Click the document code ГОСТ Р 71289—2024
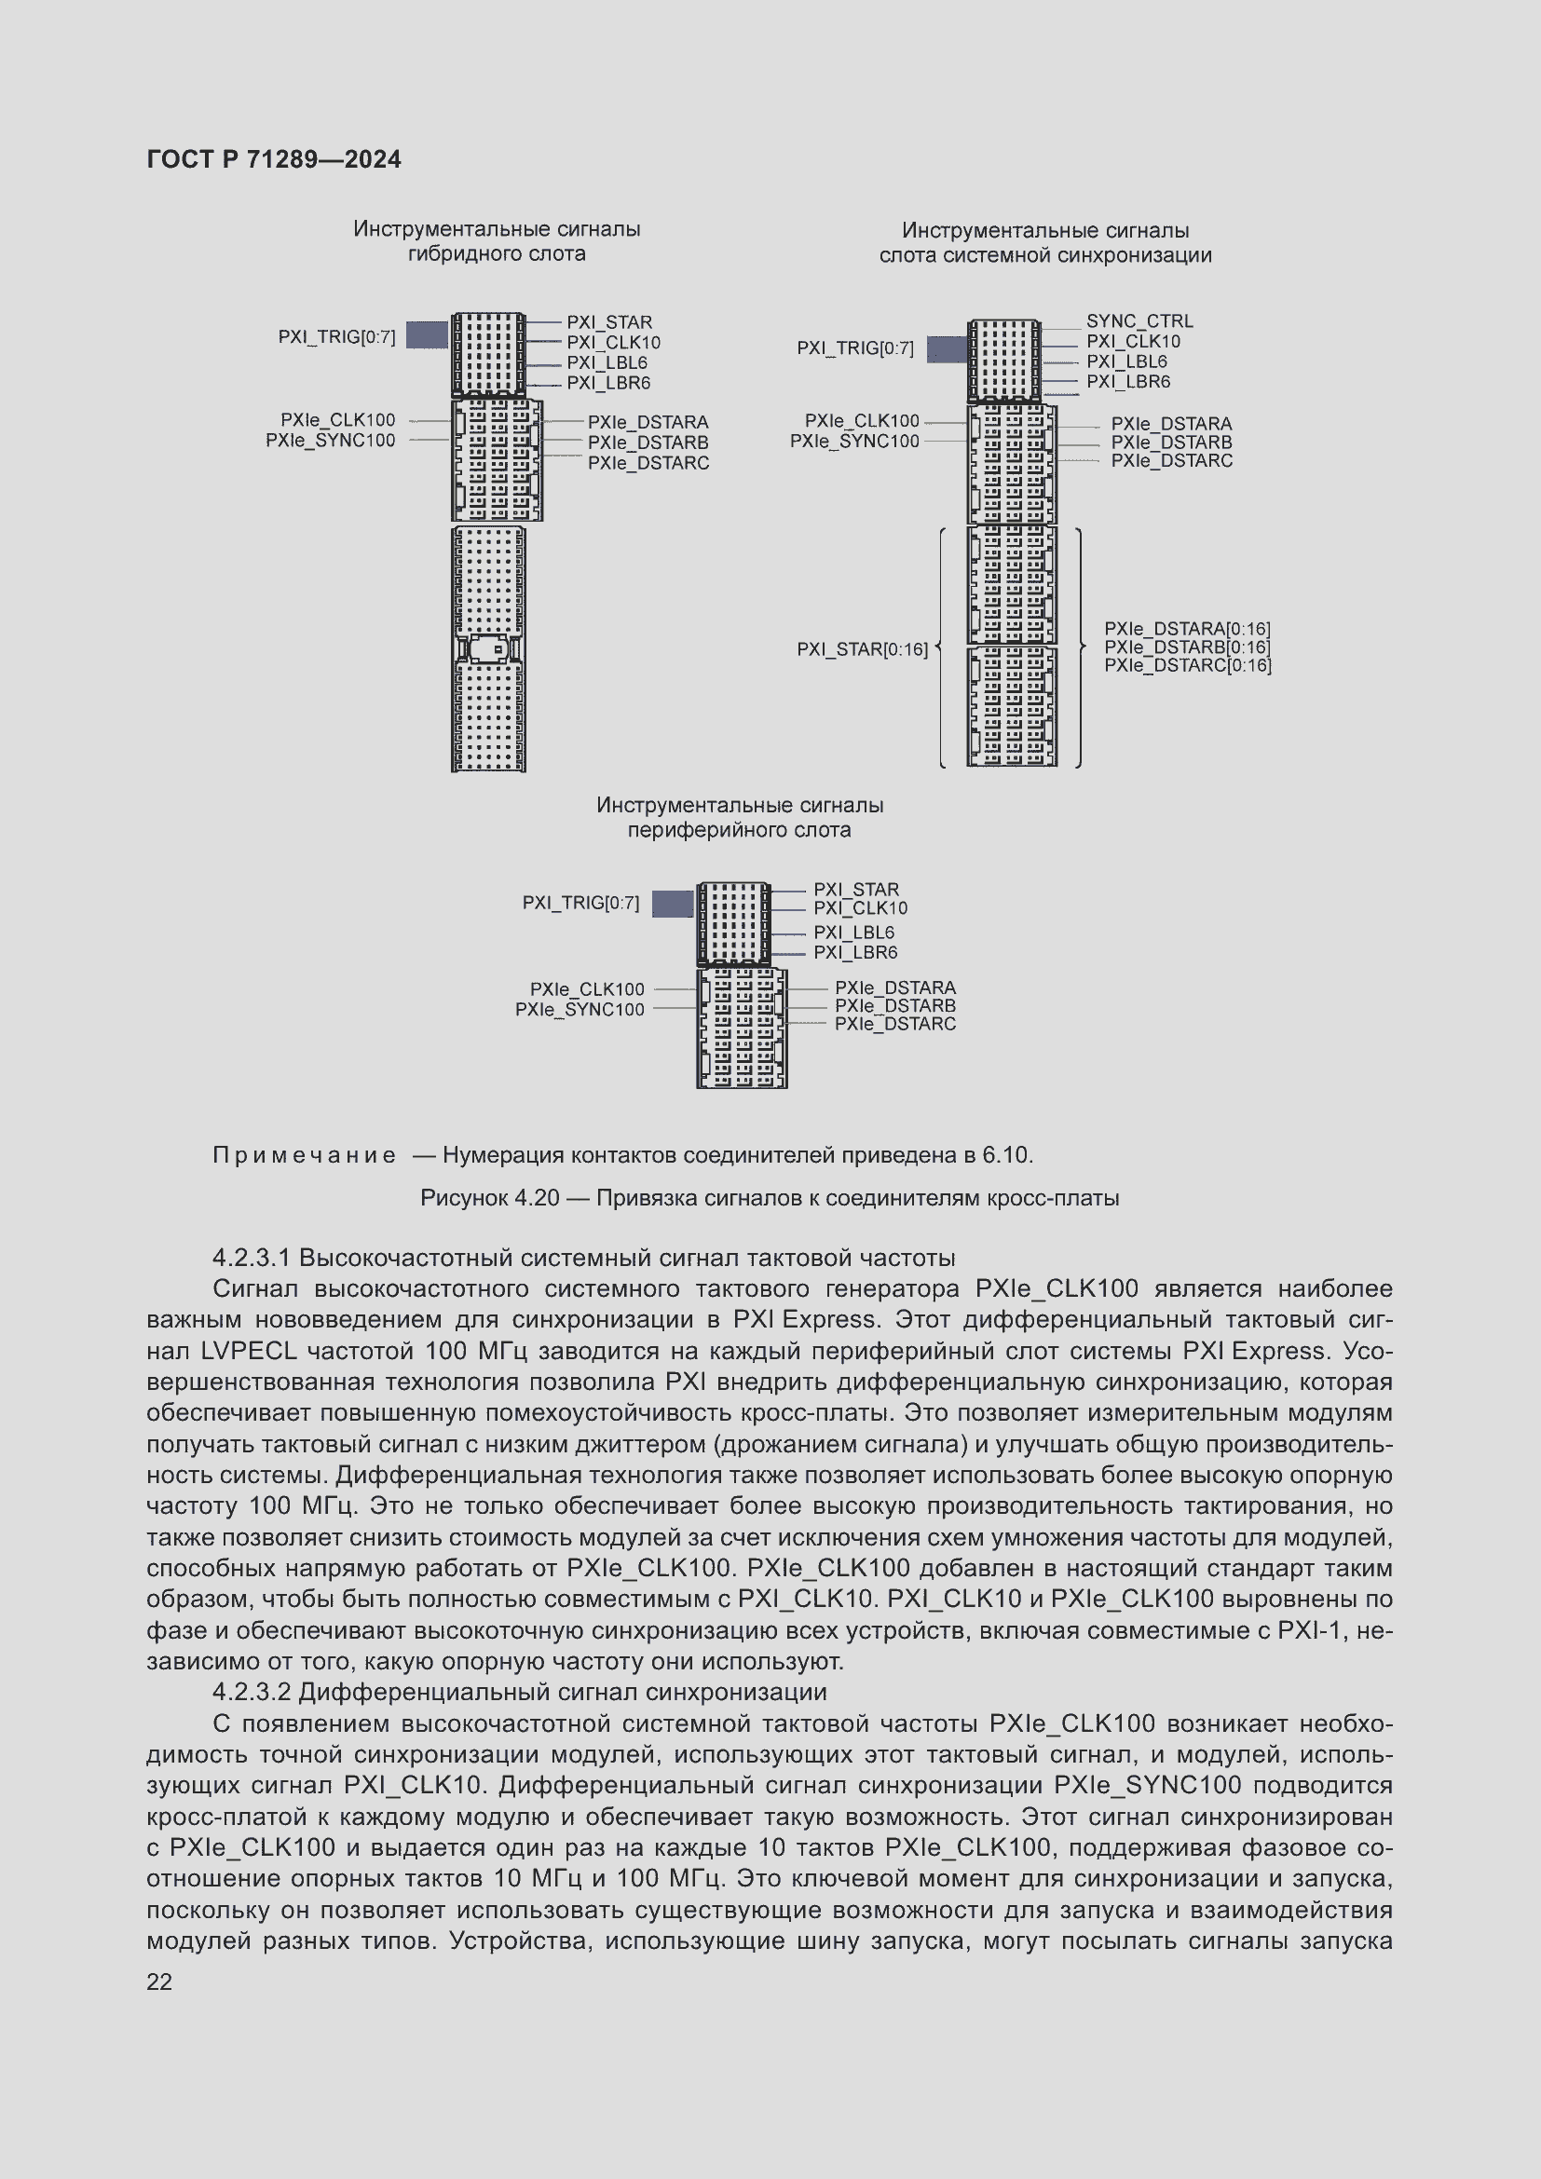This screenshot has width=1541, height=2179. click(x=273, y=159)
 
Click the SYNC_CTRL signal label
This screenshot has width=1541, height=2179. click(x=1139, y=321)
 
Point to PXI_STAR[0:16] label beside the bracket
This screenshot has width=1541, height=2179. click(x=862, y=649)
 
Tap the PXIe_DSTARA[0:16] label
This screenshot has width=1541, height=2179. click(x=1186, y=628)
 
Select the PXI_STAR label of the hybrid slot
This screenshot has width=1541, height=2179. click(x=609, y=322)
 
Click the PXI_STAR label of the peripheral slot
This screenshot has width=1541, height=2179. click(x=856, y=890)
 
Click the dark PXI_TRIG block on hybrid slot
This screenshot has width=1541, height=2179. click(x=427, y=335)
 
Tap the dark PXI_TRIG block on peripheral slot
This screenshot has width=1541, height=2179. click(x=673, y=904)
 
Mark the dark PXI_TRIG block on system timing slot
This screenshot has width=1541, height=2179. click(x=946, y=349)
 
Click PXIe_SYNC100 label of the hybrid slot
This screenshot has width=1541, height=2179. click(x=330, y=441)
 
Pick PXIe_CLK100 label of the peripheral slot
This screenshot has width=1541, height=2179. click(x=586, y=989)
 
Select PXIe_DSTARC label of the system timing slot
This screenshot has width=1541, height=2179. click(x=1171, y=460)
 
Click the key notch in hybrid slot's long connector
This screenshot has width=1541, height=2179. click(x=489, y=649)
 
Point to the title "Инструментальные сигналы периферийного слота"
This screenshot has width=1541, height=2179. click(x=739, y=817)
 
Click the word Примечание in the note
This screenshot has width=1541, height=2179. click(x=304, y=1155)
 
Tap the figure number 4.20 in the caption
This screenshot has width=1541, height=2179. click(x=536, y=1198)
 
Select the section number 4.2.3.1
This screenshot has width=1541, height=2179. click(x=252, y=1258)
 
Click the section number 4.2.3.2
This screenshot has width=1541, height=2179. click(x=252, y=1692)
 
